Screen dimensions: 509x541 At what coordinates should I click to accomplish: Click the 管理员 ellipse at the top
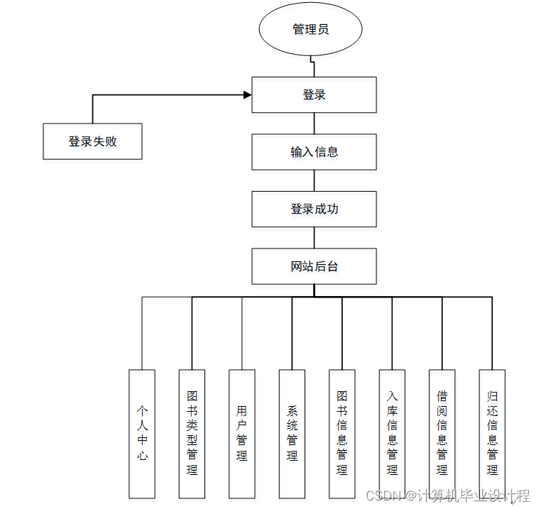pos(311,30)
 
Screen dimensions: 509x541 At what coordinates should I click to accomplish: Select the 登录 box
pos(314,94)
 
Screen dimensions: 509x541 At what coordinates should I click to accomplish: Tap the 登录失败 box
pos(92,141)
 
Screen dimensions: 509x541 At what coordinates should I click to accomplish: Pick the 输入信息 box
pos(314,152)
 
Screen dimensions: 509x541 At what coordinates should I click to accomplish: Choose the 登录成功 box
pos(314,209)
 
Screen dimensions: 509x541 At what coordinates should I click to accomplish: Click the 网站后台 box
pos(314,267)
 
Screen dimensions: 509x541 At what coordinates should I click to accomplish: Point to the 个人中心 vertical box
pos(142,433)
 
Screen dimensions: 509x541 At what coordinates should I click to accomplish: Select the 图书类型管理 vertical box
pos(192,433)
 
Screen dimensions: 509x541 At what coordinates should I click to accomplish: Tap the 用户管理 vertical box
pos(242,433)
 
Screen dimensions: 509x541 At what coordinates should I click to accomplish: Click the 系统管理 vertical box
pos(292,433)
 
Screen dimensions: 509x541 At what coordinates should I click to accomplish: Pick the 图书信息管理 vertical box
pos(342,433)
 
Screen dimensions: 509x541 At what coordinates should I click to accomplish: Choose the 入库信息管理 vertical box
pos(392,433)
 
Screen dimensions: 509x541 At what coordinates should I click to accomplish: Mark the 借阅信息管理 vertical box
pos(442,433)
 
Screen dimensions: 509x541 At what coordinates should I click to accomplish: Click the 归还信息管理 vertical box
pos(492,433)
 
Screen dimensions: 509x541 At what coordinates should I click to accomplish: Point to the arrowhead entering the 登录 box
pos(248,94)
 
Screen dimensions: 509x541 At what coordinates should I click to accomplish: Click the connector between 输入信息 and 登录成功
pos(314,180)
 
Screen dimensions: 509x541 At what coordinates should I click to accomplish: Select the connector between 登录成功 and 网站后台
pos(314,238)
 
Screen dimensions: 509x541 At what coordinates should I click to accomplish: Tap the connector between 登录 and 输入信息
pos(314,123)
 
